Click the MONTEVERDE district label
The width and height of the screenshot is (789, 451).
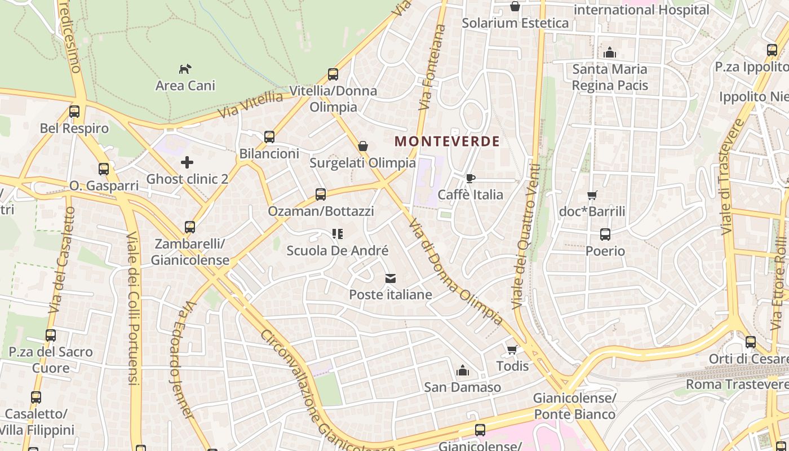click(447, 141)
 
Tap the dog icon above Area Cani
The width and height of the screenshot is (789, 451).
click(185, 69)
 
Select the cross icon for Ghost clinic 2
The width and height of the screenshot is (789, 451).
click(187, 162)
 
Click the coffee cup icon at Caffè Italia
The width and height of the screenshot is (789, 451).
click(471, 178)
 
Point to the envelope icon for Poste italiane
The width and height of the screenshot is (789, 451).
click(391, 278)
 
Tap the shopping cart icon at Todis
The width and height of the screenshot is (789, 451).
click(512, 350)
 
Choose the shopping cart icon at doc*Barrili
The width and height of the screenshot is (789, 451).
click(592, 195)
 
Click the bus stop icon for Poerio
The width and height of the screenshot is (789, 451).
click(605, 234)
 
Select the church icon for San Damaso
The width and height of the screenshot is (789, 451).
click(463, 370)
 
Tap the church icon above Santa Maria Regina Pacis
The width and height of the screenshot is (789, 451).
click(609, 52)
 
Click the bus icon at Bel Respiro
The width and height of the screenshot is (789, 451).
click(74, 112)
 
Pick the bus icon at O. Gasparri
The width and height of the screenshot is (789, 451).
click(104, 169)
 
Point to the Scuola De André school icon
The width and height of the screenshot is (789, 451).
click(338, 233)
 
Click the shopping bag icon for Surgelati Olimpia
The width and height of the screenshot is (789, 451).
click(363, 146)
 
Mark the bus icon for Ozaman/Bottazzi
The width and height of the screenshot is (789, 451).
click(321, 194)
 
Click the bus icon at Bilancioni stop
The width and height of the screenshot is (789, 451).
click(269, 136)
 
